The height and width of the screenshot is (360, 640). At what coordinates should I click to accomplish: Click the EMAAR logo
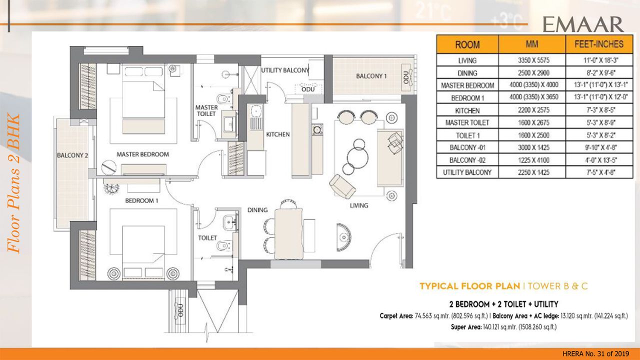point(583,24)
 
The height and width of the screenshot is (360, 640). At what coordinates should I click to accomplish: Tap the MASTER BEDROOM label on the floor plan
point(142,154)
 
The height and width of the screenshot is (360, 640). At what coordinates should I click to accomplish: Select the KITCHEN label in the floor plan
point(278,134)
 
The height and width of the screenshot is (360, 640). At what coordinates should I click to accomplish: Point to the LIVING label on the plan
point(358,205)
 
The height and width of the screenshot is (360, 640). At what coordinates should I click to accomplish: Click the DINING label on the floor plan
point(257,210)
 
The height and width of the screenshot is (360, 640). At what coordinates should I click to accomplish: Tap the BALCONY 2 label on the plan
point(72,155)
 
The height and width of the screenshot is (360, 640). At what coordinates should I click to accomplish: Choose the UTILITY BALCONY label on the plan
point(285,70)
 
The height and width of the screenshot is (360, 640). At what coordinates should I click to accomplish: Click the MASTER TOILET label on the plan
point(206,110)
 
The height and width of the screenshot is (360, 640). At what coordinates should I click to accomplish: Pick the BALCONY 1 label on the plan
point(371,76)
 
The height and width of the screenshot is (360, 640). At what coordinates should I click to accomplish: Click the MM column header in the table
point(532,44)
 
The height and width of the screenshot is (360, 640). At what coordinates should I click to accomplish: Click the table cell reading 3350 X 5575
point(532,60)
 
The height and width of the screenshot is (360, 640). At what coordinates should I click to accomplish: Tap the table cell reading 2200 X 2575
point(532,110)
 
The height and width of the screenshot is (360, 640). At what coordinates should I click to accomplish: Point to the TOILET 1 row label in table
point(467,135)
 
